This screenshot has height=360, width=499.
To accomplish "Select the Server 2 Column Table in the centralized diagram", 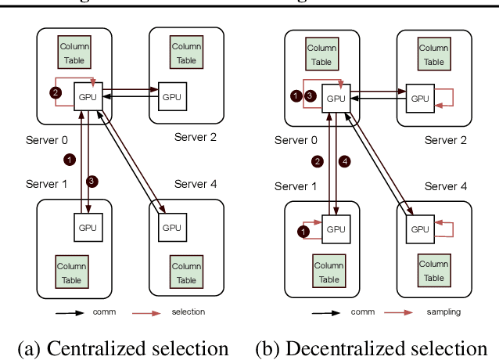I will click(x=186, y=52).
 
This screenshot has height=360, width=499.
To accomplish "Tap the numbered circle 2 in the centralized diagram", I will click(x=55, y=92).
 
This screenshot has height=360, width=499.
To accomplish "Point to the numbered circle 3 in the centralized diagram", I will click(x=92, y=182).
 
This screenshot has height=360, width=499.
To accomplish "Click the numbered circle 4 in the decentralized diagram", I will click(x=345, y=162).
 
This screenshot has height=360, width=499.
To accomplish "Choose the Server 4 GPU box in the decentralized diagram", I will click(x=420, y=229).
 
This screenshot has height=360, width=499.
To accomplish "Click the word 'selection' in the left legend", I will click(x=188, y=311).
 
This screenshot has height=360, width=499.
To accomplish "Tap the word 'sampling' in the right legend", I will click(x=443, y=311).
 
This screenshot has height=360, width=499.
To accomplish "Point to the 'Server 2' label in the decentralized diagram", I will click(x=446, y=140).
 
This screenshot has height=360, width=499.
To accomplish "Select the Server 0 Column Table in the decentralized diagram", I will click(x=321, y=54).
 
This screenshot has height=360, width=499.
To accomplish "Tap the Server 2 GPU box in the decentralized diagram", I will click(x=420, y=98).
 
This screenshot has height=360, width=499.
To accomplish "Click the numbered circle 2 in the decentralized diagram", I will click(x=317, y=162).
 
